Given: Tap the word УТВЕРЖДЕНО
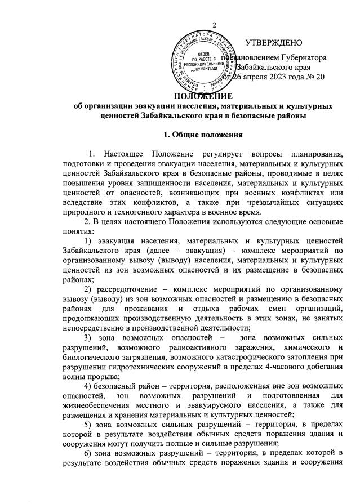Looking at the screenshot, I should click(x=274, y=43).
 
